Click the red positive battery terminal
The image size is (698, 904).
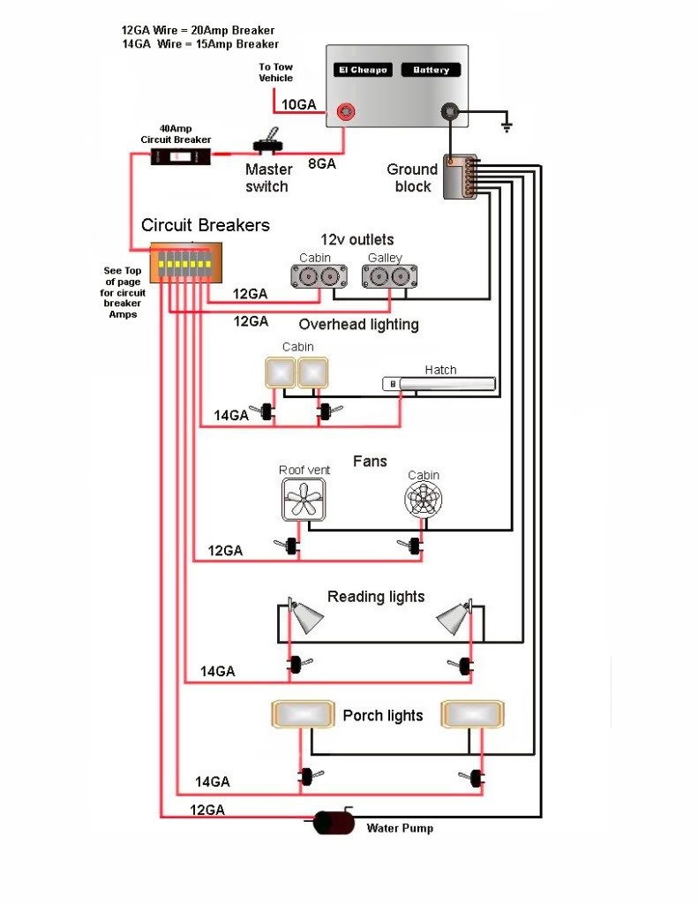tap(347, 112)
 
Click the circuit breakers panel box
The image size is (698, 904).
tap(185, 263)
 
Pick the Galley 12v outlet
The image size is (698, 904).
tap(387, 275)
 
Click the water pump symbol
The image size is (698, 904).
tap(334, 823)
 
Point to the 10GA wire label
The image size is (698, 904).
tap(298, 104)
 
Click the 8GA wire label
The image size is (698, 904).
tap(320, 162)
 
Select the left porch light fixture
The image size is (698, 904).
tap(303, 714)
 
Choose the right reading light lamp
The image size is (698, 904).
tap(454, 617)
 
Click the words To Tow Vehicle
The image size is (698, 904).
tap(275, 72)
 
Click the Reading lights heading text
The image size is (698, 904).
tap(376, 597)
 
